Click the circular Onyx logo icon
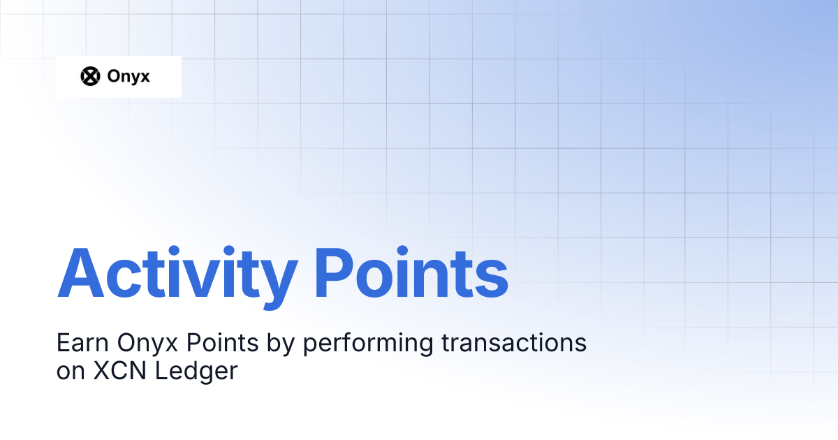pos(91,76)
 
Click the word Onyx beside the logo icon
pos(128,76)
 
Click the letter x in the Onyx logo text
pos(144,78)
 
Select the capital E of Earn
pos(61,344)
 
